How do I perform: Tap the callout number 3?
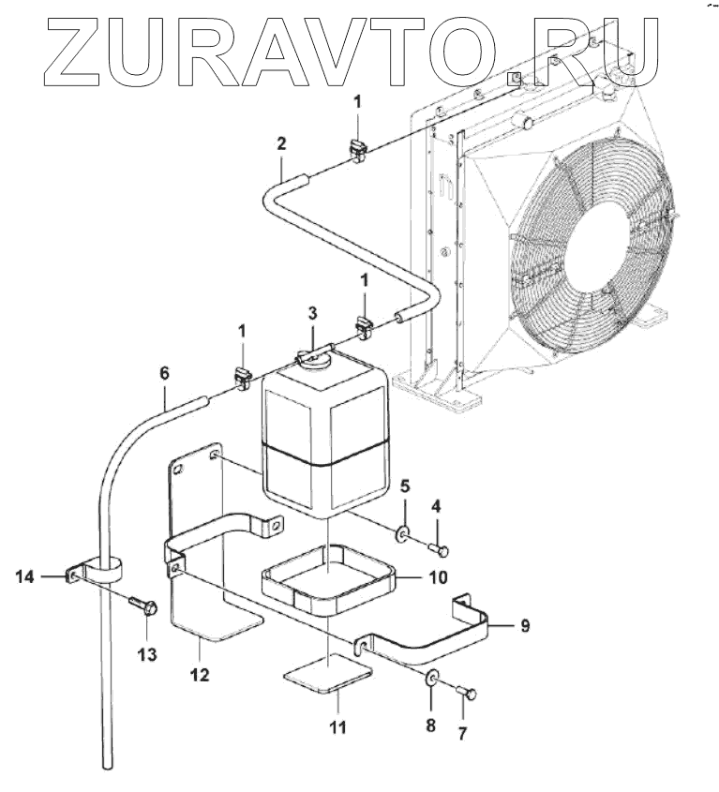point(312,313)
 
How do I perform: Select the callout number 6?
point(165,373)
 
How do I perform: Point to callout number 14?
point(24,578)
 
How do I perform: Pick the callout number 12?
point(200,674)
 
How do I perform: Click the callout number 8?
point(430,724)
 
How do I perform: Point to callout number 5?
point(405,487)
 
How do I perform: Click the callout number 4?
point(435,506)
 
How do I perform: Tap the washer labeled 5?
point(403,535)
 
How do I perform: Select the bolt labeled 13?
point(143,605)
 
